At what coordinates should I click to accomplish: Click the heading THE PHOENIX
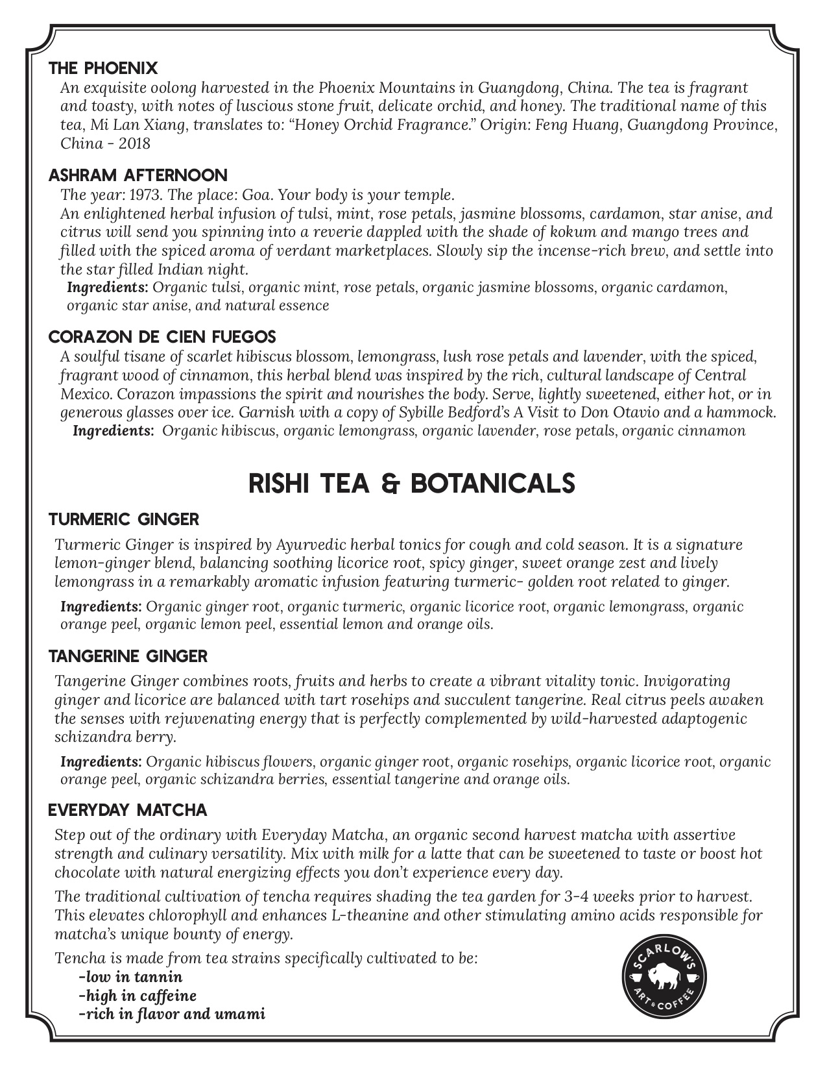(x=103, y=68)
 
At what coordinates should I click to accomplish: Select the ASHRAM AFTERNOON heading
(x=138, y=175)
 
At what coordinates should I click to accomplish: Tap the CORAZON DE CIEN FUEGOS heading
(x=162, y=337)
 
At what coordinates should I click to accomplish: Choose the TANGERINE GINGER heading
(x=128, y=656)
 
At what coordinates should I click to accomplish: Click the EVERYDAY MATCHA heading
(x=128, y=810)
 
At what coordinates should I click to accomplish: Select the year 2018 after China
(x=134, y=143)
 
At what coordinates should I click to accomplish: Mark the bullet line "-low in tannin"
(x=130, y=977)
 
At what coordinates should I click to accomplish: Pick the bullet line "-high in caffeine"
(x=137, y=996)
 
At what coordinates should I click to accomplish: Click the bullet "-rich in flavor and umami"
(x=171, y=1014)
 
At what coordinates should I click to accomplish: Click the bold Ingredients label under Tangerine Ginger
(x=101, y=761)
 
